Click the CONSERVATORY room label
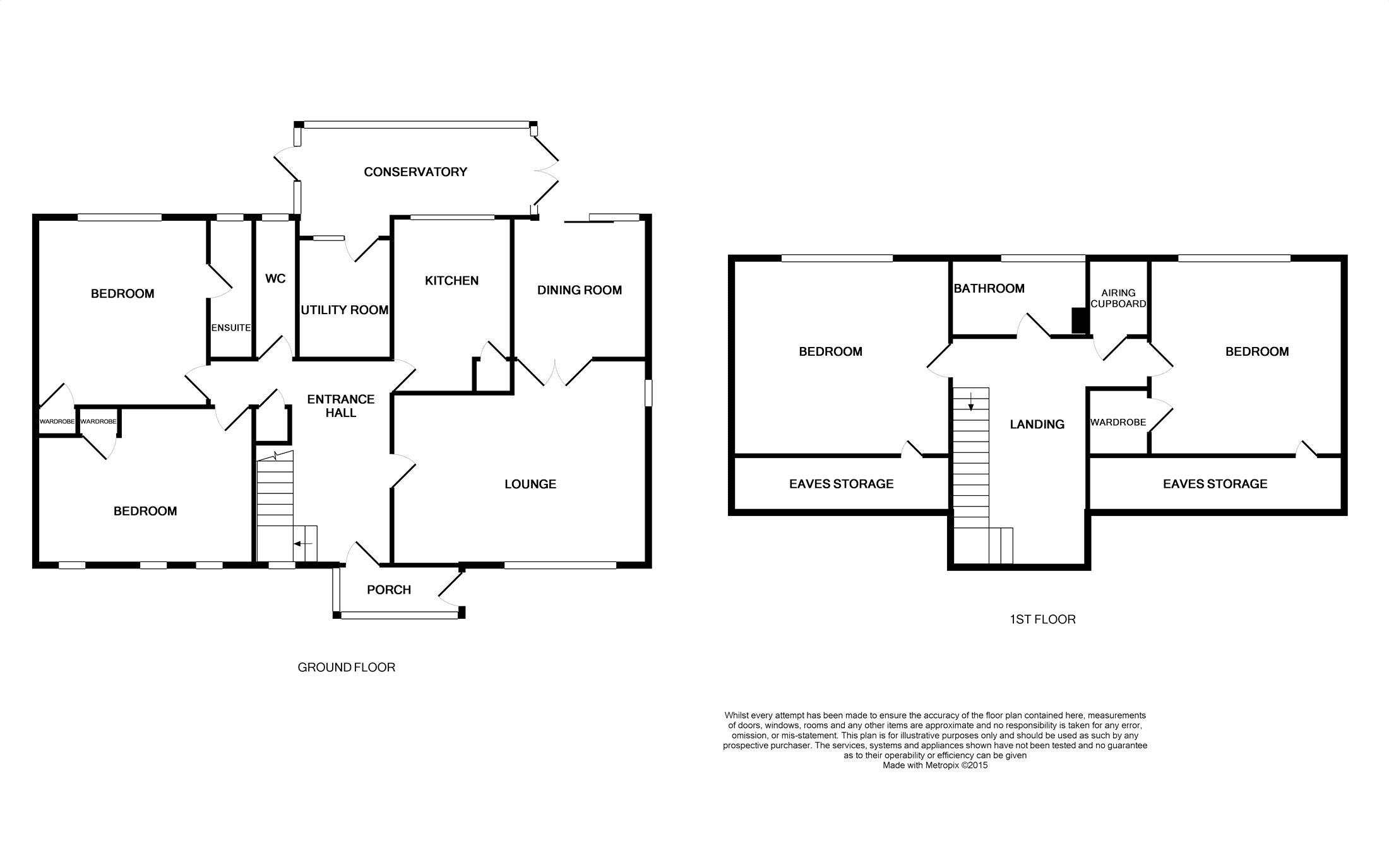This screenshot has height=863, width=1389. pyautogui.click(x=415, y=172)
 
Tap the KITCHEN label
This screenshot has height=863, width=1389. pyautogui.click(x=451, y=281)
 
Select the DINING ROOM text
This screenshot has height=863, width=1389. pyautogui.click(x=580, y=290)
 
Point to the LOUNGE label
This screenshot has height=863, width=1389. pyautogui.click(x=530, y=484)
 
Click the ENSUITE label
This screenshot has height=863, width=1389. pyautogui.click(x=231, y=328)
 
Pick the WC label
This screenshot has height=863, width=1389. pyautogui.click(x=276, y=278)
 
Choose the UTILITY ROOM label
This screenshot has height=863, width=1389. pyautogui.click(x=345, y=310)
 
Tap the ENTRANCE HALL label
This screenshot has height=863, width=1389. pyautogui.click(x=341, y=406)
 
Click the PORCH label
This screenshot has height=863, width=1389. pyautogui.click(x=389, y=590)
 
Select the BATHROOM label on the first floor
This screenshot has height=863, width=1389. pyautogui.click(x=989, y=288)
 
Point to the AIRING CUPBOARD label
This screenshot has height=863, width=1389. pyautogui.click(x=1118, y=298)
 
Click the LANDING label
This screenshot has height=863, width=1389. pyautogui.click(x=1037, y=425)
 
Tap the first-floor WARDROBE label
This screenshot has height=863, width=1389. pyautogui.click(x=1118, y=423)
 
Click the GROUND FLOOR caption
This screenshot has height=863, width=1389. pyautogui.click(x=347, y=667)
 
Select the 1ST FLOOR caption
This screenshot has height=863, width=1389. pyautogui.click(x=1042, y=619)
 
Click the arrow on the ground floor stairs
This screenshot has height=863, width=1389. pyautogui.click(x=304, y=543)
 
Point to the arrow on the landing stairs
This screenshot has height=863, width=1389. pyautogui.click(x=971, y=402)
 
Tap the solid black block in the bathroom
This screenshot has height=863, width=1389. pyautogui.click(x=1079, y=320)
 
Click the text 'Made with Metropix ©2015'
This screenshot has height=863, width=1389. pyautogui.click(x=935, y=765)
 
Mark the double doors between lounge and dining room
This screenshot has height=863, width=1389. pyautogui.click(x=554, y=373)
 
